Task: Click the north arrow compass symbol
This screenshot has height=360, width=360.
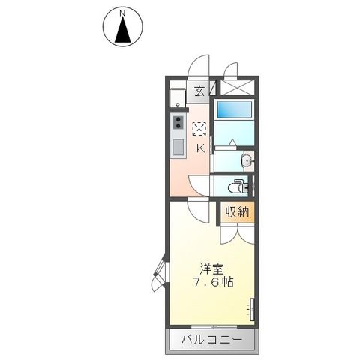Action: tap(122, 28)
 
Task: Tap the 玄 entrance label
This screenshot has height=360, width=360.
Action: tap(199, 92)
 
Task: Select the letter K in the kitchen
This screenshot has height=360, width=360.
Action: tap(200, 148)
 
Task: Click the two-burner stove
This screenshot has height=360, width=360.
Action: tap(178, 123)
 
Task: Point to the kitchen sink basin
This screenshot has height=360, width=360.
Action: tap(178, 147)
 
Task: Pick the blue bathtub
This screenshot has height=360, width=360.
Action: tap(235, 110)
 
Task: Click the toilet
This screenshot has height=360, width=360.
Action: tap(238, 184)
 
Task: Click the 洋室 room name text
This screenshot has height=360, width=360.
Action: tap(211, 268)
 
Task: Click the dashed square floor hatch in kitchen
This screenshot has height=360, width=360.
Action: tap(199, 128)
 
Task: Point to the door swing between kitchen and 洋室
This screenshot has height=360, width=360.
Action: tap(197, 187)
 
